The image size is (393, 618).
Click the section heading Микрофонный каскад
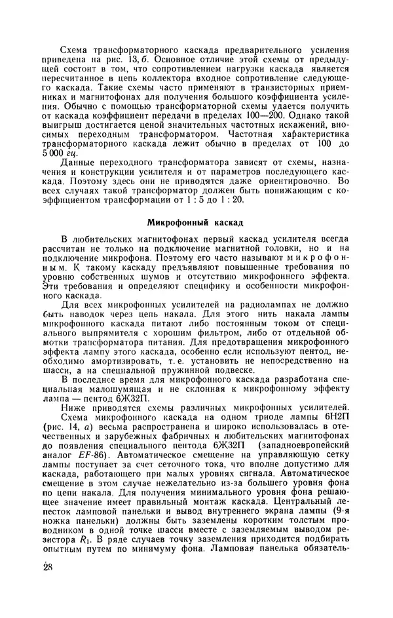195,222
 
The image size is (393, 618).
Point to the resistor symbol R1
67,539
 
